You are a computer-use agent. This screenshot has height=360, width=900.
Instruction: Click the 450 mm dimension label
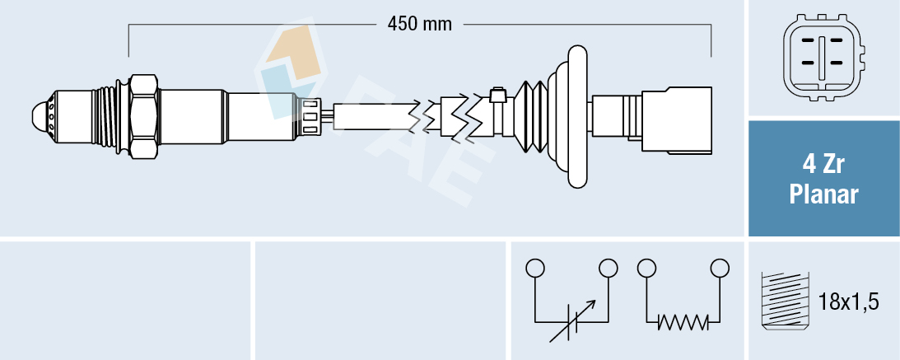(420, 25)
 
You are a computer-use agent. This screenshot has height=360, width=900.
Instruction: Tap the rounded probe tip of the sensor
(40, 116)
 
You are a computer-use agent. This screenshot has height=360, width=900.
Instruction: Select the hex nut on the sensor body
(143, 116)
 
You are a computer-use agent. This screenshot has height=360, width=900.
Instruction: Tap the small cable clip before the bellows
(497, 96)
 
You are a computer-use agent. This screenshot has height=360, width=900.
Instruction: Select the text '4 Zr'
(823, 165)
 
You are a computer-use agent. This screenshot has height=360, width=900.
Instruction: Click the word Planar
(823, 195)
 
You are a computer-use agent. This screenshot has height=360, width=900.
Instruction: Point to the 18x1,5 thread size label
(850, 302)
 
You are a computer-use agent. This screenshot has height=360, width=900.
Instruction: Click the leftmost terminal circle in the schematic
(535, 269)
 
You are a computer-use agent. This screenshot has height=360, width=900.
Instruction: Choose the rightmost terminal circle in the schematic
(720, 269)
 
